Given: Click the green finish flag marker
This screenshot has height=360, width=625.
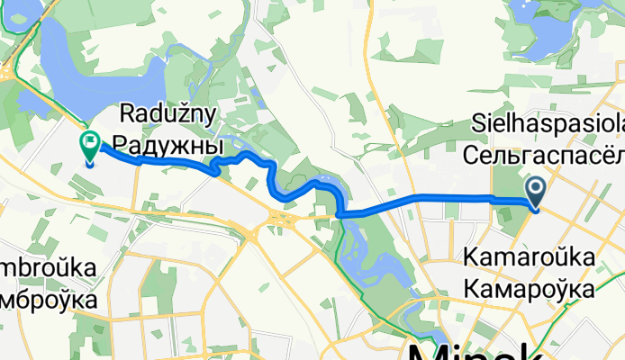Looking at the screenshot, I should coord(91,142).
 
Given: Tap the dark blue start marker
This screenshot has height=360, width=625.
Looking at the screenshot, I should coord(535,189).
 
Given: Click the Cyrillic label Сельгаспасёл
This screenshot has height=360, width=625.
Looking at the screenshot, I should coord(544,155).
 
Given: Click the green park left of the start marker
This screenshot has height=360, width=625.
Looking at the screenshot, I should coord(505,202).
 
